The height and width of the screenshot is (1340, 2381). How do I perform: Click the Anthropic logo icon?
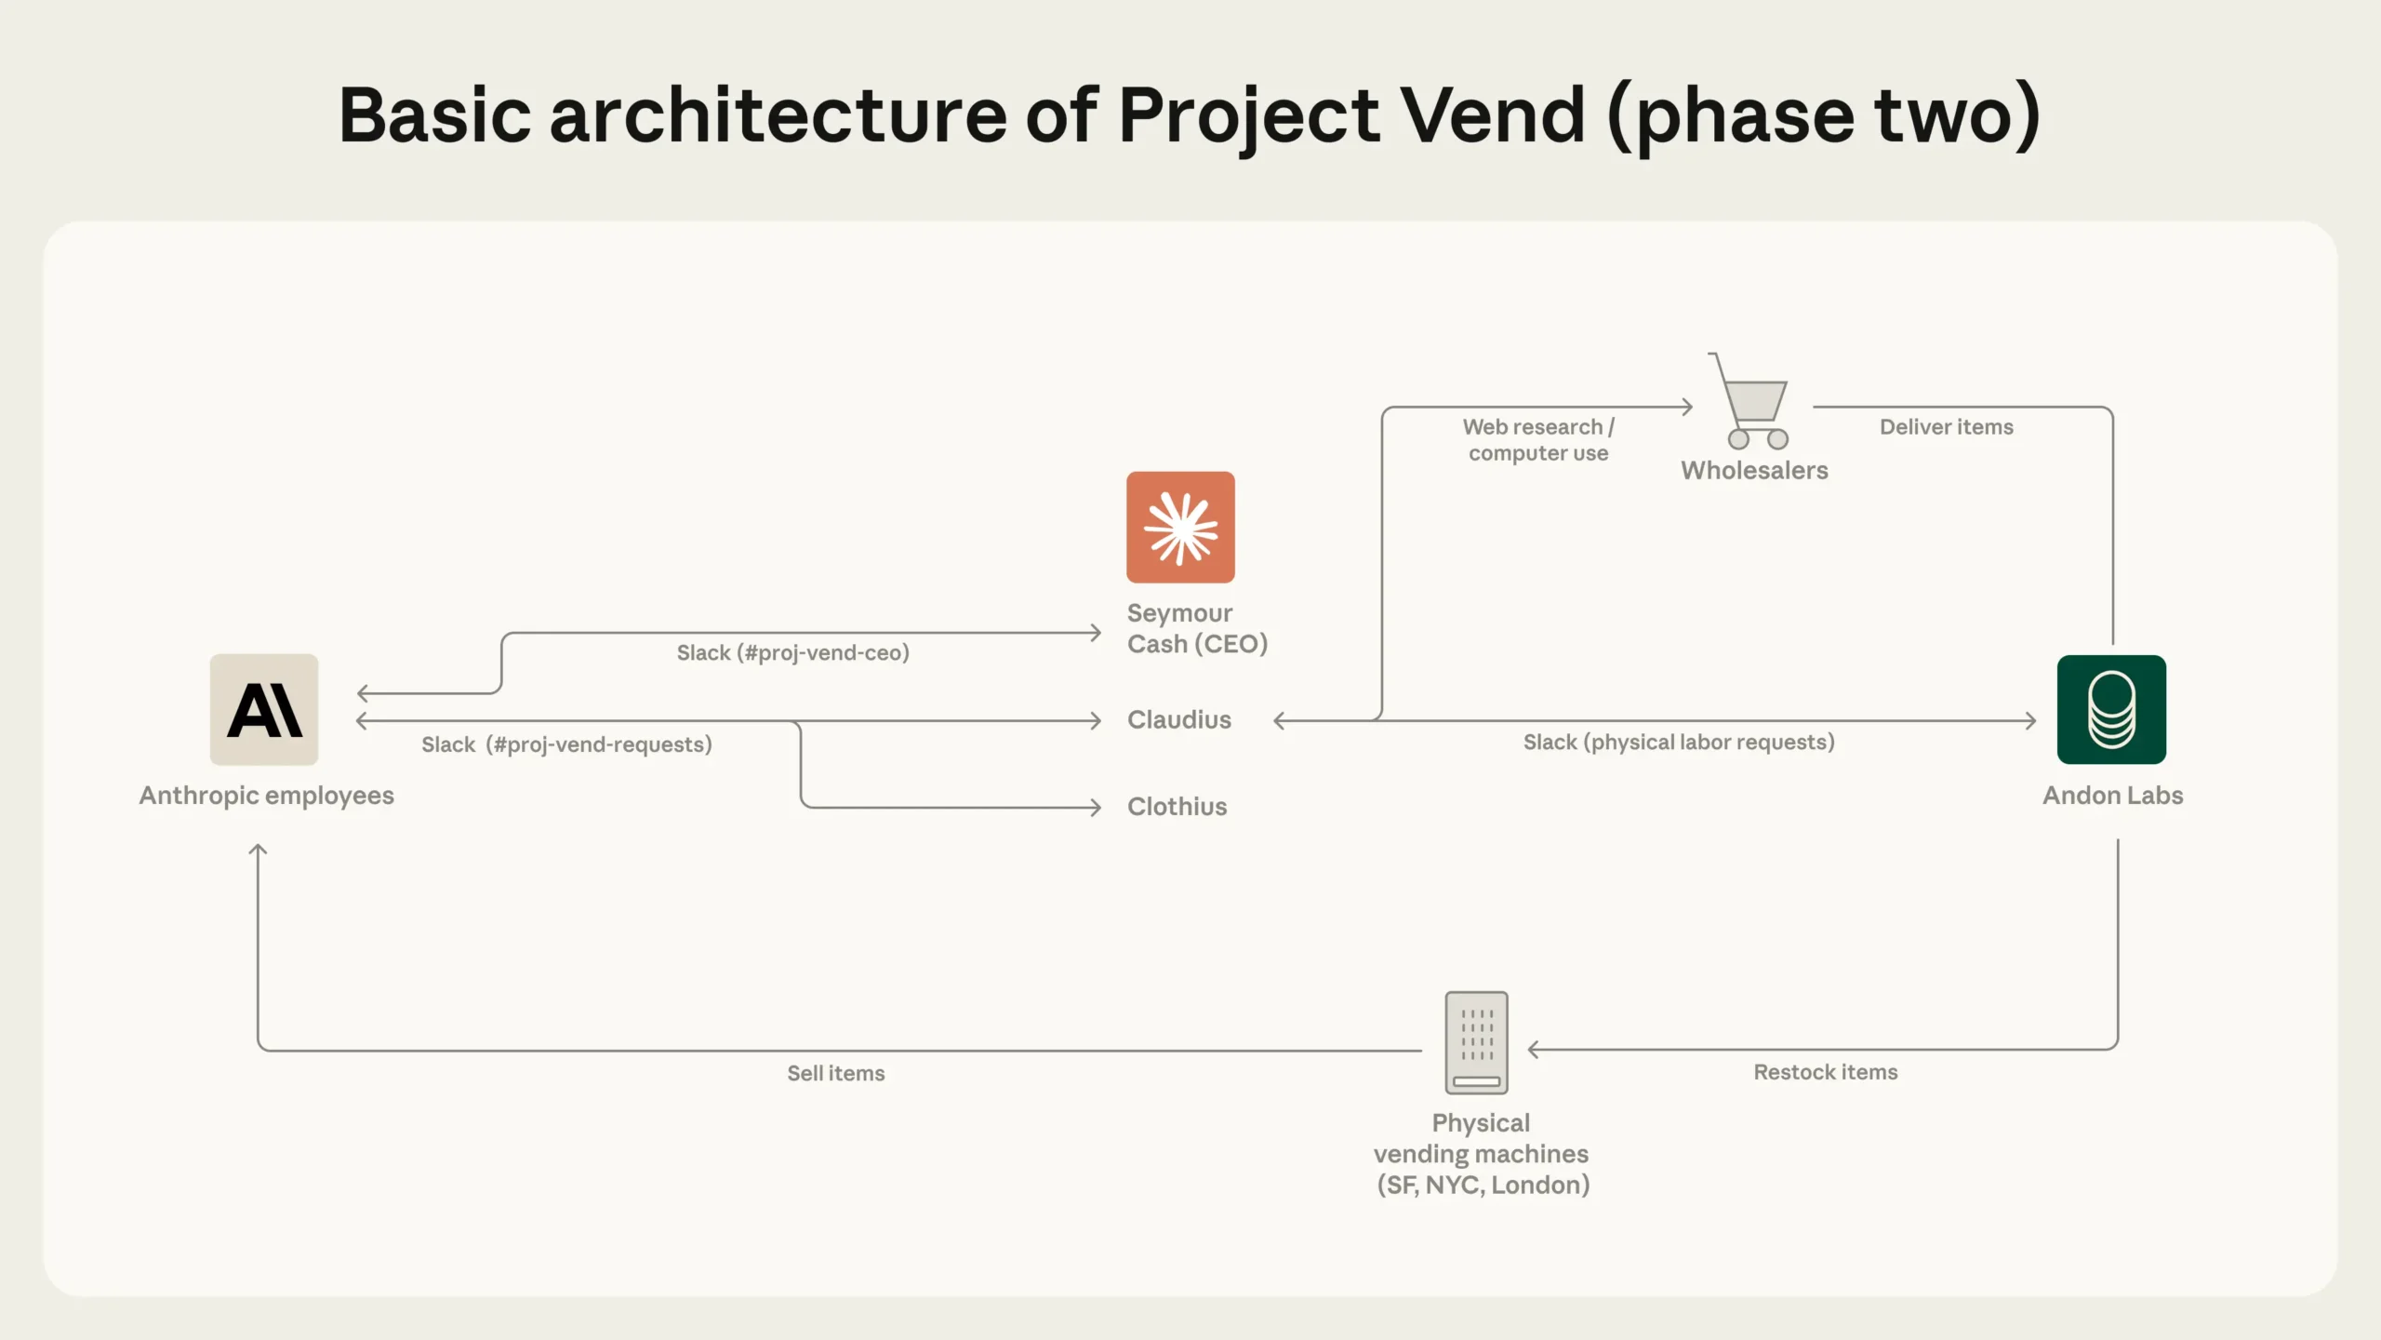(264, 709)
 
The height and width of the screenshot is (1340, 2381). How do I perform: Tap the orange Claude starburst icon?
(1180, 527)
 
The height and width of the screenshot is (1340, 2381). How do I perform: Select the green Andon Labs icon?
(2111, 709)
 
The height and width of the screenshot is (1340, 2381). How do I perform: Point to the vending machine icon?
(1476, 1042)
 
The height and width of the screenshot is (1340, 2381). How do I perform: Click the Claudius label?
(1178, 720)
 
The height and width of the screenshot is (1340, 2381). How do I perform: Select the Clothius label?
(1177, 807)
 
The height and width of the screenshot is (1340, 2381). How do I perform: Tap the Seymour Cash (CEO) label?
(1196, 628)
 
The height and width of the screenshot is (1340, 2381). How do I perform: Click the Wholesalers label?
(1754, 471)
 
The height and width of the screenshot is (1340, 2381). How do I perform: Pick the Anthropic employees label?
(266, 796)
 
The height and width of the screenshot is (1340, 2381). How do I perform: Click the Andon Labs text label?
(2112, 796)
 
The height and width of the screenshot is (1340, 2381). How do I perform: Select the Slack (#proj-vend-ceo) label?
(792, 653)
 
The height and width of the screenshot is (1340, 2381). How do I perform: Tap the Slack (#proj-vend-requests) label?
(566, 744)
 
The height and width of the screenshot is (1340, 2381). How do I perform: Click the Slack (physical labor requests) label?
(1679, 743)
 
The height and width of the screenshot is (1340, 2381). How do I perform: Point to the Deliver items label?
(1946, 427)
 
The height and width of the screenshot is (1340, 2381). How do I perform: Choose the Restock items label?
(1825, 1072)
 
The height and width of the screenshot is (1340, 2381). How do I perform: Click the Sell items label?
(835, 1073)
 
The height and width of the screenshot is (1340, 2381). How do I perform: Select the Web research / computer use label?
(1537, 440)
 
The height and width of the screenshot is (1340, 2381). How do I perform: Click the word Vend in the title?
(1492, 115)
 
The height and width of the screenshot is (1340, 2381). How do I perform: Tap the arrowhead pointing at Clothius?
(1096, 807)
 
